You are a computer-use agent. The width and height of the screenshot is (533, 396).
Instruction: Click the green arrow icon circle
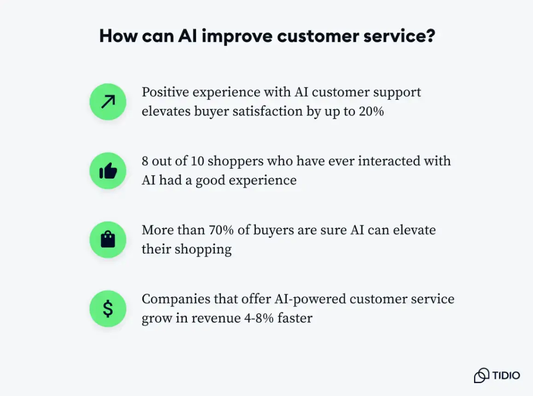[x=108, y=102]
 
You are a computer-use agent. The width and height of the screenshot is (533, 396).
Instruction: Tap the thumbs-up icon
[x=108, y=171]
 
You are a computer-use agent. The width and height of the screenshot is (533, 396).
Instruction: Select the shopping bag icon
[x=108, y=240]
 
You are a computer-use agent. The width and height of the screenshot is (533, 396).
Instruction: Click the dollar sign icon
[x=108, y=309]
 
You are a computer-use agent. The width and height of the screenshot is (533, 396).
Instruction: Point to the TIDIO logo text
[x=506, y=375]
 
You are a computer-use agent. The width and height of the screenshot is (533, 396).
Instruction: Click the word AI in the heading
[x=188, y=36]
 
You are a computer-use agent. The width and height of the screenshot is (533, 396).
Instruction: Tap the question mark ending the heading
[x=430, y=36]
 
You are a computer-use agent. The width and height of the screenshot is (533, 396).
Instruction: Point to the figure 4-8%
[x=260, y=318]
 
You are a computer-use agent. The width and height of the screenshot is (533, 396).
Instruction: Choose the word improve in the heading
[x=236, y=36]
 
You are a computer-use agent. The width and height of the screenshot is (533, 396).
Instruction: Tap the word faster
[x=295, y=318]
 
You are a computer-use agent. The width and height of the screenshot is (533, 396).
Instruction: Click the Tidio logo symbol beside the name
[x=481, y=375]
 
